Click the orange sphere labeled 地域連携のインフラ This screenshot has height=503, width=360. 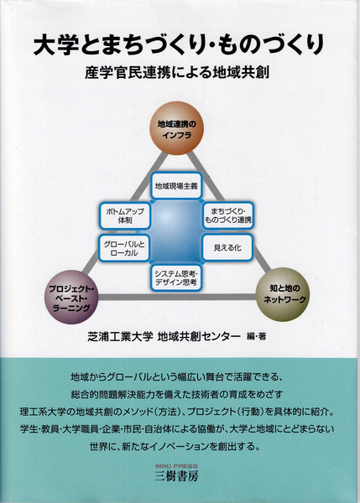coord(176,128)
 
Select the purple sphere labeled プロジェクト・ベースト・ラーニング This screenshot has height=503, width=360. coord(71,297)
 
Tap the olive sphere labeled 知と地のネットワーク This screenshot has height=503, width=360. coord(283,294)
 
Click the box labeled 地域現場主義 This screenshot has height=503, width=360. coord(176,186)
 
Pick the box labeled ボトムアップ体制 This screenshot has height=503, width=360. coord(124,215)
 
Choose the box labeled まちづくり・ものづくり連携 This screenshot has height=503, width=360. coord(228,215)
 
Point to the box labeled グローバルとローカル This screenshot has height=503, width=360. coord(124,248)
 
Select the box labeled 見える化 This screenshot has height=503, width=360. coord(227,247)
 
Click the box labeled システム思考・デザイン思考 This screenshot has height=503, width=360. coord(176,277)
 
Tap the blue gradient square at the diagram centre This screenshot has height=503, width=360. coord(176,231)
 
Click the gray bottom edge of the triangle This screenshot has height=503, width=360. coord(177,297)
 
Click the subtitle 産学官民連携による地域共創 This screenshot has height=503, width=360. coord(177,73)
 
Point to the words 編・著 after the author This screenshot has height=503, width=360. coord(256,336)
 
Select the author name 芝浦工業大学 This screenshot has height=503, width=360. coord(119,336)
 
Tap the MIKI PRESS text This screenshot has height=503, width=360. coord(176,466)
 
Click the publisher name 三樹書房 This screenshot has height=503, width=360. coord(176,475)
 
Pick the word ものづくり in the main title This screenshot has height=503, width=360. coord(271,45)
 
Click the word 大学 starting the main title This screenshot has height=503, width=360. coord(56,45)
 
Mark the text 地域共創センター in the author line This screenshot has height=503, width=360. coord(199,336)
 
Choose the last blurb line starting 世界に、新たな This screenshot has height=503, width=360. coord(175,446)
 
